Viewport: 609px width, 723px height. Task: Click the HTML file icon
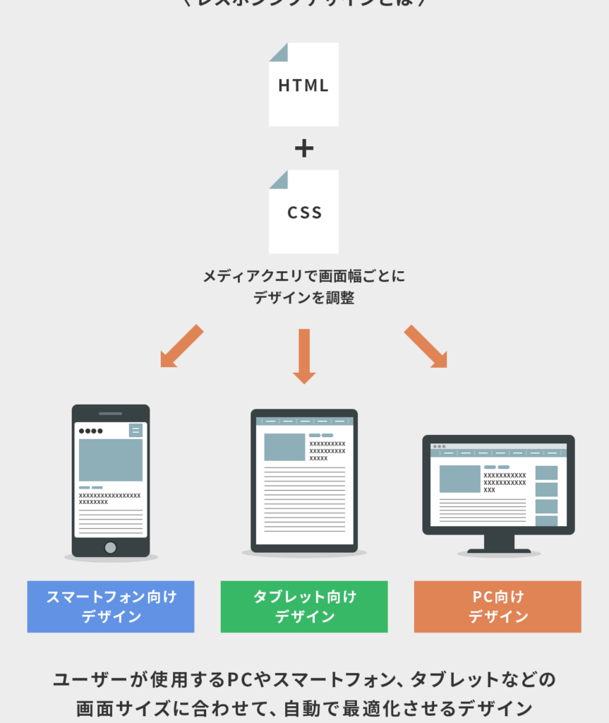[303, 85]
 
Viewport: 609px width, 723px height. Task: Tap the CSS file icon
[303, 212]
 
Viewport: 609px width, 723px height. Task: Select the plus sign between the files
[303, 148]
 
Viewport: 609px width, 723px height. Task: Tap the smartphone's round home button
[110, 547]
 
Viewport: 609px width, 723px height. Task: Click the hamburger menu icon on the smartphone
[135, 431]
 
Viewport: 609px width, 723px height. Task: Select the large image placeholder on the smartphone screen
[110, 460]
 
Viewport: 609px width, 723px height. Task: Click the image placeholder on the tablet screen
[284, 447]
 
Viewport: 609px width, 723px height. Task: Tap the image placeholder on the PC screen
[459, 479]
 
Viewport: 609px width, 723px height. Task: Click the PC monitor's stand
[499, 544]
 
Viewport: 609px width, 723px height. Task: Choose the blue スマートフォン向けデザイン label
[111, 607]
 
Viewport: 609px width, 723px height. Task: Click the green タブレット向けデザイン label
[304, 607]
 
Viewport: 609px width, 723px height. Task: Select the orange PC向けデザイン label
[498, 607]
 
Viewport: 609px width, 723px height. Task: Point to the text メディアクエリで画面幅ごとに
[304, 276]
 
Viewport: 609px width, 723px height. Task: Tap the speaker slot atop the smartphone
[110, 413]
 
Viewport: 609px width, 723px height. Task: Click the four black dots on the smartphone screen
[91, 431]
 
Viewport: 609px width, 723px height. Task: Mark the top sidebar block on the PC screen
[546, 472]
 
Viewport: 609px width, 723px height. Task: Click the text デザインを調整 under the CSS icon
[304, 298]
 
